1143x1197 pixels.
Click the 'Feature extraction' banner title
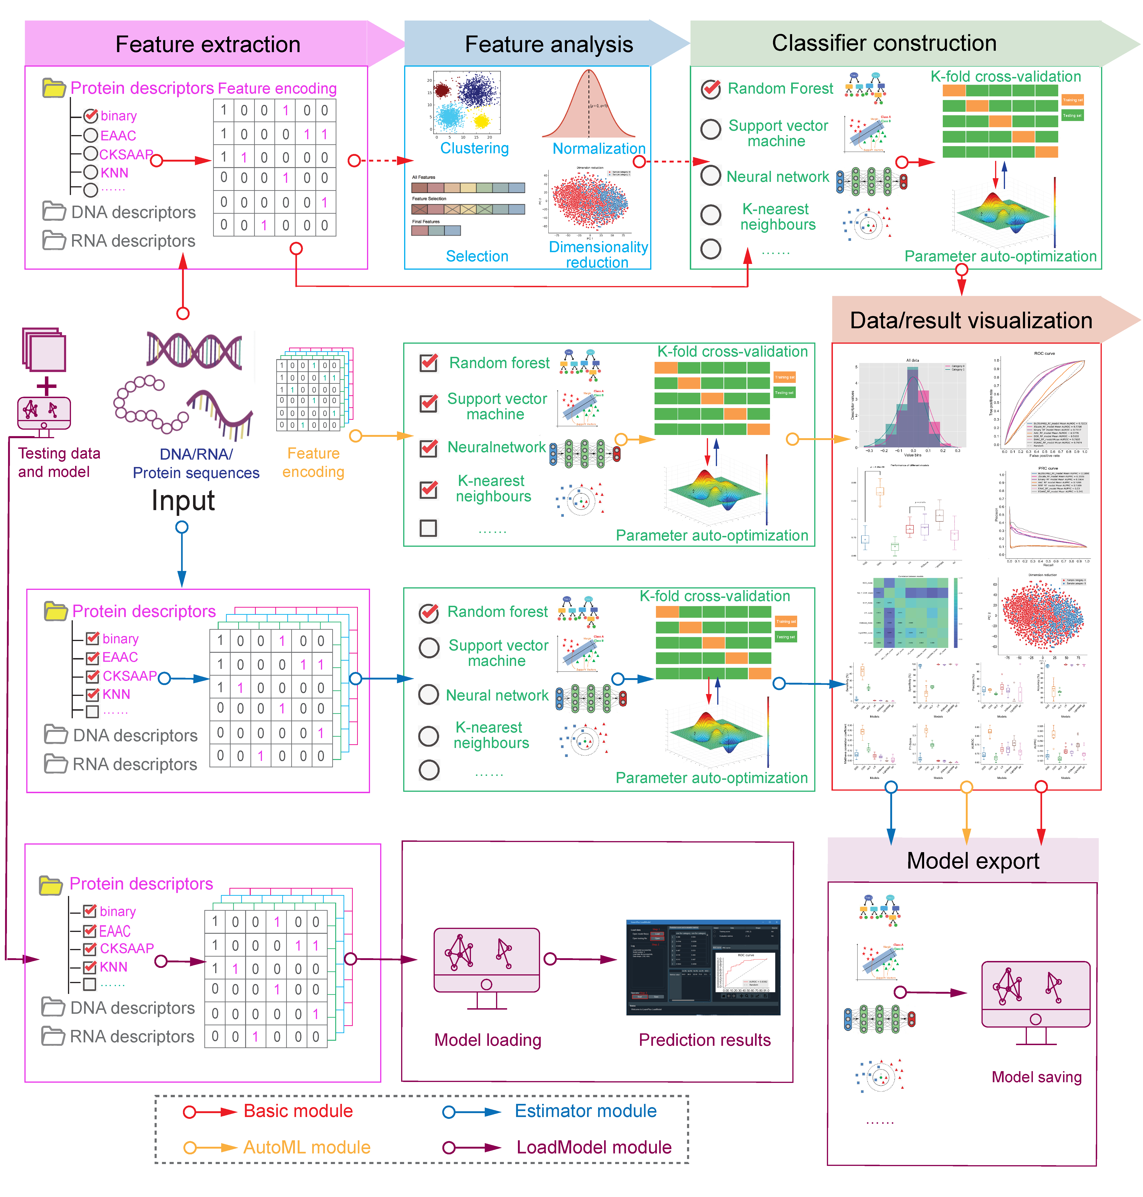(x=208, y=44)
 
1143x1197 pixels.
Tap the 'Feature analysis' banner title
(x=548, y=44)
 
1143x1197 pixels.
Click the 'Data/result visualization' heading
(x=971, y=321)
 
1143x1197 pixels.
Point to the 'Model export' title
(x=973, y=860)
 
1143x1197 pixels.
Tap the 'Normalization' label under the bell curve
(x=598, y=148)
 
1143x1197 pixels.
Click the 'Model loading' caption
(x=488, y=1040)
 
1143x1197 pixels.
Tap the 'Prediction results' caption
(x=704, y=1040)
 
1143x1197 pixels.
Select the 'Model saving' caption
(x=1036, y=1077)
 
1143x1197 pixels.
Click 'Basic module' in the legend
(x=298, y=1111)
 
